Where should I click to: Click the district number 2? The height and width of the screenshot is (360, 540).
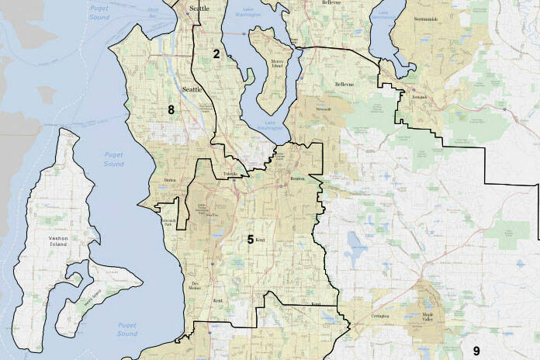(216, 54)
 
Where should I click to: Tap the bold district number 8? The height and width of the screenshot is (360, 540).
(171, 109)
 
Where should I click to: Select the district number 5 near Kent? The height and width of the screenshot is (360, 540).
(251, 240)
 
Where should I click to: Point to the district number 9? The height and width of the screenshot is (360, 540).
(476, 351)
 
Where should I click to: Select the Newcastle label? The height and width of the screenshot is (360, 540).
(324, 109)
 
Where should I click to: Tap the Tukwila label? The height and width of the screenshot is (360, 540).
(230, 174)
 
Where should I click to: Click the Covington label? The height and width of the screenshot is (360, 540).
(379, 317)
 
